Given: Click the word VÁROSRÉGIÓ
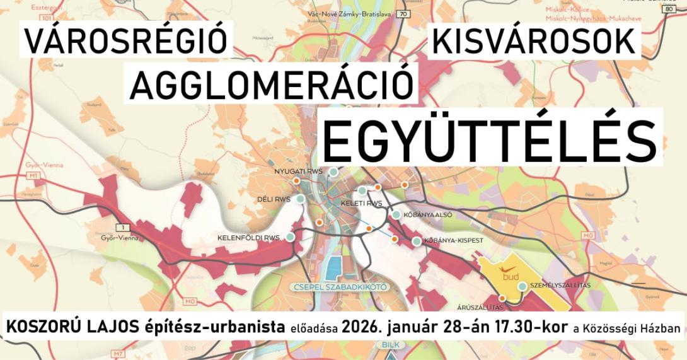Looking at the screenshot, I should (125, 42).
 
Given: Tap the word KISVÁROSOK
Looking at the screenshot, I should (534, 42).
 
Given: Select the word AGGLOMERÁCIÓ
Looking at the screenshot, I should (272, 85).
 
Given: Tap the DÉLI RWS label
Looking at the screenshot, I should (273, 200).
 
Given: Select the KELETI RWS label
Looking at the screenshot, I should (361, 204).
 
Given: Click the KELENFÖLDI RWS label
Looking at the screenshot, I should (248, 238).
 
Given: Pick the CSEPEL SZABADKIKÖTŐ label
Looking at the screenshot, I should (340, 287).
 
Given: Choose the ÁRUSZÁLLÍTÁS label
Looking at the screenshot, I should (479, 308).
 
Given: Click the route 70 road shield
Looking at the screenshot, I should (403, 14).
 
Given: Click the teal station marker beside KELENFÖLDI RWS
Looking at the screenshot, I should (290, 238).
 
